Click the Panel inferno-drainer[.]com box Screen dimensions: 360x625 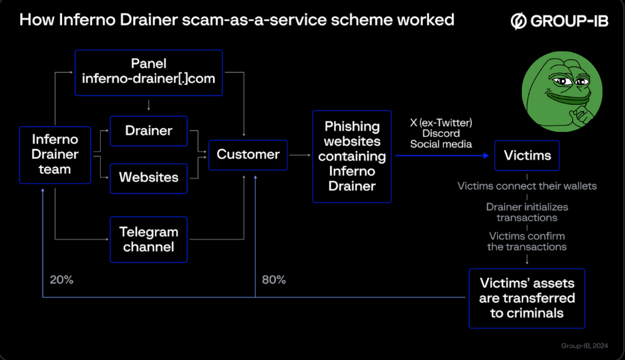pyautogui.click(x=148, y=72)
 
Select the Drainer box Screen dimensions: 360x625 pyautogui.click(x=148, y=131)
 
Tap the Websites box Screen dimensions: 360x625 pyautogui.click(x=148, y=178)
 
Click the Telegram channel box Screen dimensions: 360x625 pyautogui.click(x=148, y=239)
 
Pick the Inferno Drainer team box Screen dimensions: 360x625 pyautogui.click(x=55, y=155)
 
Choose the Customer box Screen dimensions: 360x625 pyautogui.click(x=248, y=155)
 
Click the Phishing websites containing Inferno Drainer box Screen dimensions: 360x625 pyautogui.click(x=352, y=156)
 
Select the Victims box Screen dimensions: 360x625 pyautogui.click(x=527, y=155)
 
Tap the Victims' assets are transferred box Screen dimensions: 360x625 pyautogui.click(x=527, y=298)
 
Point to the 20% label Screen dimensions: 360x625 pyautogui.click(x=61, y=280)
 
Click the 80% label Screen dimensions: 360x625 pyautogui.click(x=274, y=280)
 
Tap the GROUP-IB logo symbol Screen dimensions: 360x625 pyautogui.click(x=518, y=21)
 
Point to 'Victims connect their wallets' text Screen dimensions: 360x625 pyautogui.click(x=527, y=186)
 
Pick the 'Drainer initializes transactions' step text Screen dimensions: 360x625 pyautogui.click(x=527, y=212)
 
